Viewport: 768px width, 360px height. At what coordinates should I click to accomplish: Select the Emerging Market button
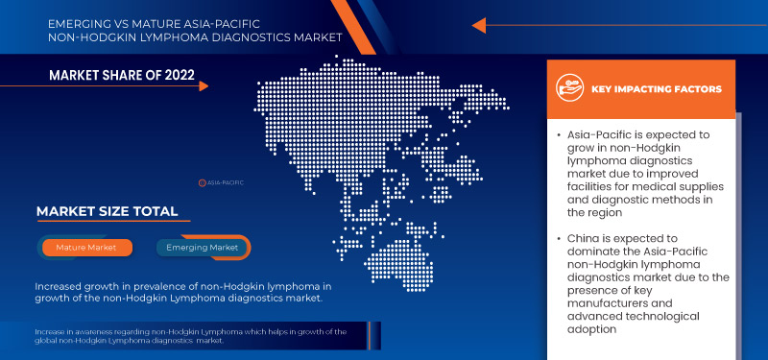click(203, 248)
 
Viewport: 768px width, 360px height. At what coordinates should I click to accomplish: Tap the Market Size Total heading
click(107, 211)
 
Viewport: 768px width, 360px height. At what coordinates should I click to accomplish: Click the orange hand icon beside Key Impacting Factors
click(571, 89)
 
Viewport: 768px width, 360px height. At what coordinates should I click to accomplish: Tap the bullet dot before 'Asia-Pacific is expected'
click(559, 137)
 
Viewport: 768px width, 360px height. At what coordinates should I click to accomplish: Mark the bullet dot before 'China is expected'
click(559, 237)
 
